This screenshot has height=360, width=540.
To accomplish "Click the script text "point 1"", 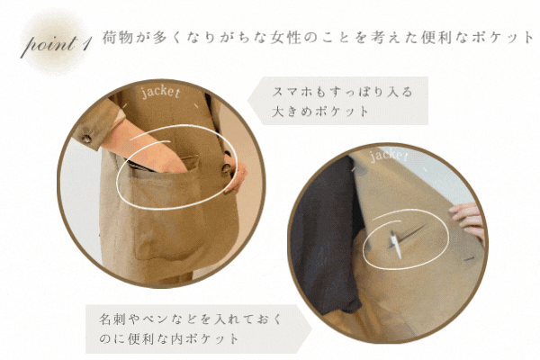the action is point(57,44).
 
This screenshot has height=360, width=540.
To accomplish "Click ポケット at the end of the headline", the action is point(502,37).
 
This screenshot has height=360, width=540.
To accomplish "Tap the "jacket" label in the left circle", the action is point(160,92).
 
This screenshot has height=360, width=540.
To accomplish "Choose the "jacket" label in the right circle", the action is point(389,156).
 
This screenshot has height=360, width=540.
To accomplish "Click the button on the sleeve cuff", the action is point(86,139).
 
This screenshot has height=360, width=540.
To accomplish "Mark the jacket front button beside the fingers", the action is point(226,168).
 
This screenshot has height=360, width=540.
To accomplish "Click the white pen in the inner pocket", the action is point(395,245).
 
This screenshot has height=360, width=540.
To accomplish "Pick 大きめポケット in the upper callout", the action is point(320,112).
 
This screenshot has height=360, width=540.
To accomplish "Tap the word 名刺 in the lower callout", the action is point(110,319).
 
